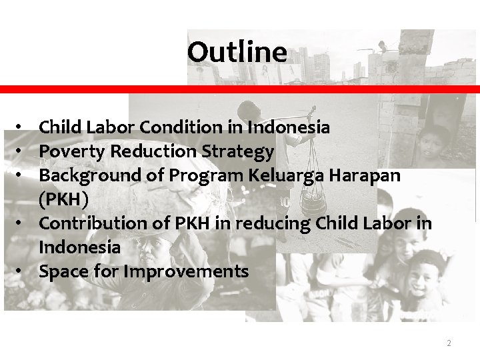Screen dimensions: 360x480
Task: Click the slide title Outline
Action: [x=237, y=52]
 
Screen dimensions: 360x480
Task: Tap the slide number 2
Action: [x=449, y=343]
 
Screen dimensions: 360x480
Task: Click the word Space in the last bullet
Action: [x=62, y=272]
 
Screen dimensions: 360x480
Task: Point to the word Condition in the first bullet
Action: [x=179, y=127]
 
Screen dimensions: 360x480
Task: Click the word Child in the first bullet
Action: [x=59, y=127]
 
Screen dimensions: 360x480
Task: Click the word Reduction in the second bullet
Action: [x=151, y=152]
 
